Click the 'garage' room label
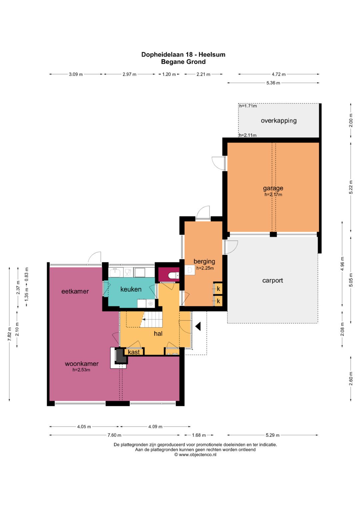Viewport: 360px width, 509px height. (x=273, y=188)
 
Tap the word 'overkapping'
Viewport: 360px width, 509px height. (x=279, y=121)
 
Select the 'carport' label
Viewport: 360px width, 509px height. (x=273, y=280)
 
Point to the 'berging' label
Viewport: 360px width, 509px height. (x=204, y=261)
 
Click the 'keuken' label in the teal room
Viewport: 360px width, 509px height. (x=131, y=289)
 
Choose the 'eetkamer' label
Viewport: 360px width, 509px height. (x=75, y=291)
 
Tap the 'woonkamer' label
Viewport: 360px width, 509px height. (x=82, y=364)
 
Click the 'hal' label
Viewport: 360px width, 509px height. (x=158, y=334)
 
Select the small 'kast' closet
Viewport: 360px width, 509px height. (x=134, y=352)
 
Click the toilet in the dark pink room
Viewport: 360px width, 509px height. (x=174, y=275)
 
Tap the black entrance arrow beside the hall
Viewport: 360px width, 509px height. (x=198, y=326)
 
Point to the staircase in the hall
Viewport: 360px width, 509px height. (x=151, y=319)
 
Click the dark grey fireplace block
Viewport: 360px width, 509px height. (x=121, y=356)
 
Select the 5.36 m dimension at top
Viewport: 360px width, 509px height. (x=273, y=83)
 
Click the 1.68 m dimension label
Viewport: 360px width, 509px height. (x=199, y=435)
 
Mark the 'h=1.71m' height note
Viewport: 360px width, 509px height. (x=248, y=106)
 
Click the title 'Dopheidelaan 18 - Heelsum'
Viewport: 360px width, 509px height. (x=183, y=55)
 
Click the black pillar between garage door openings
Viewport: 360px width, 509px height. (x=273, y=234)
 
